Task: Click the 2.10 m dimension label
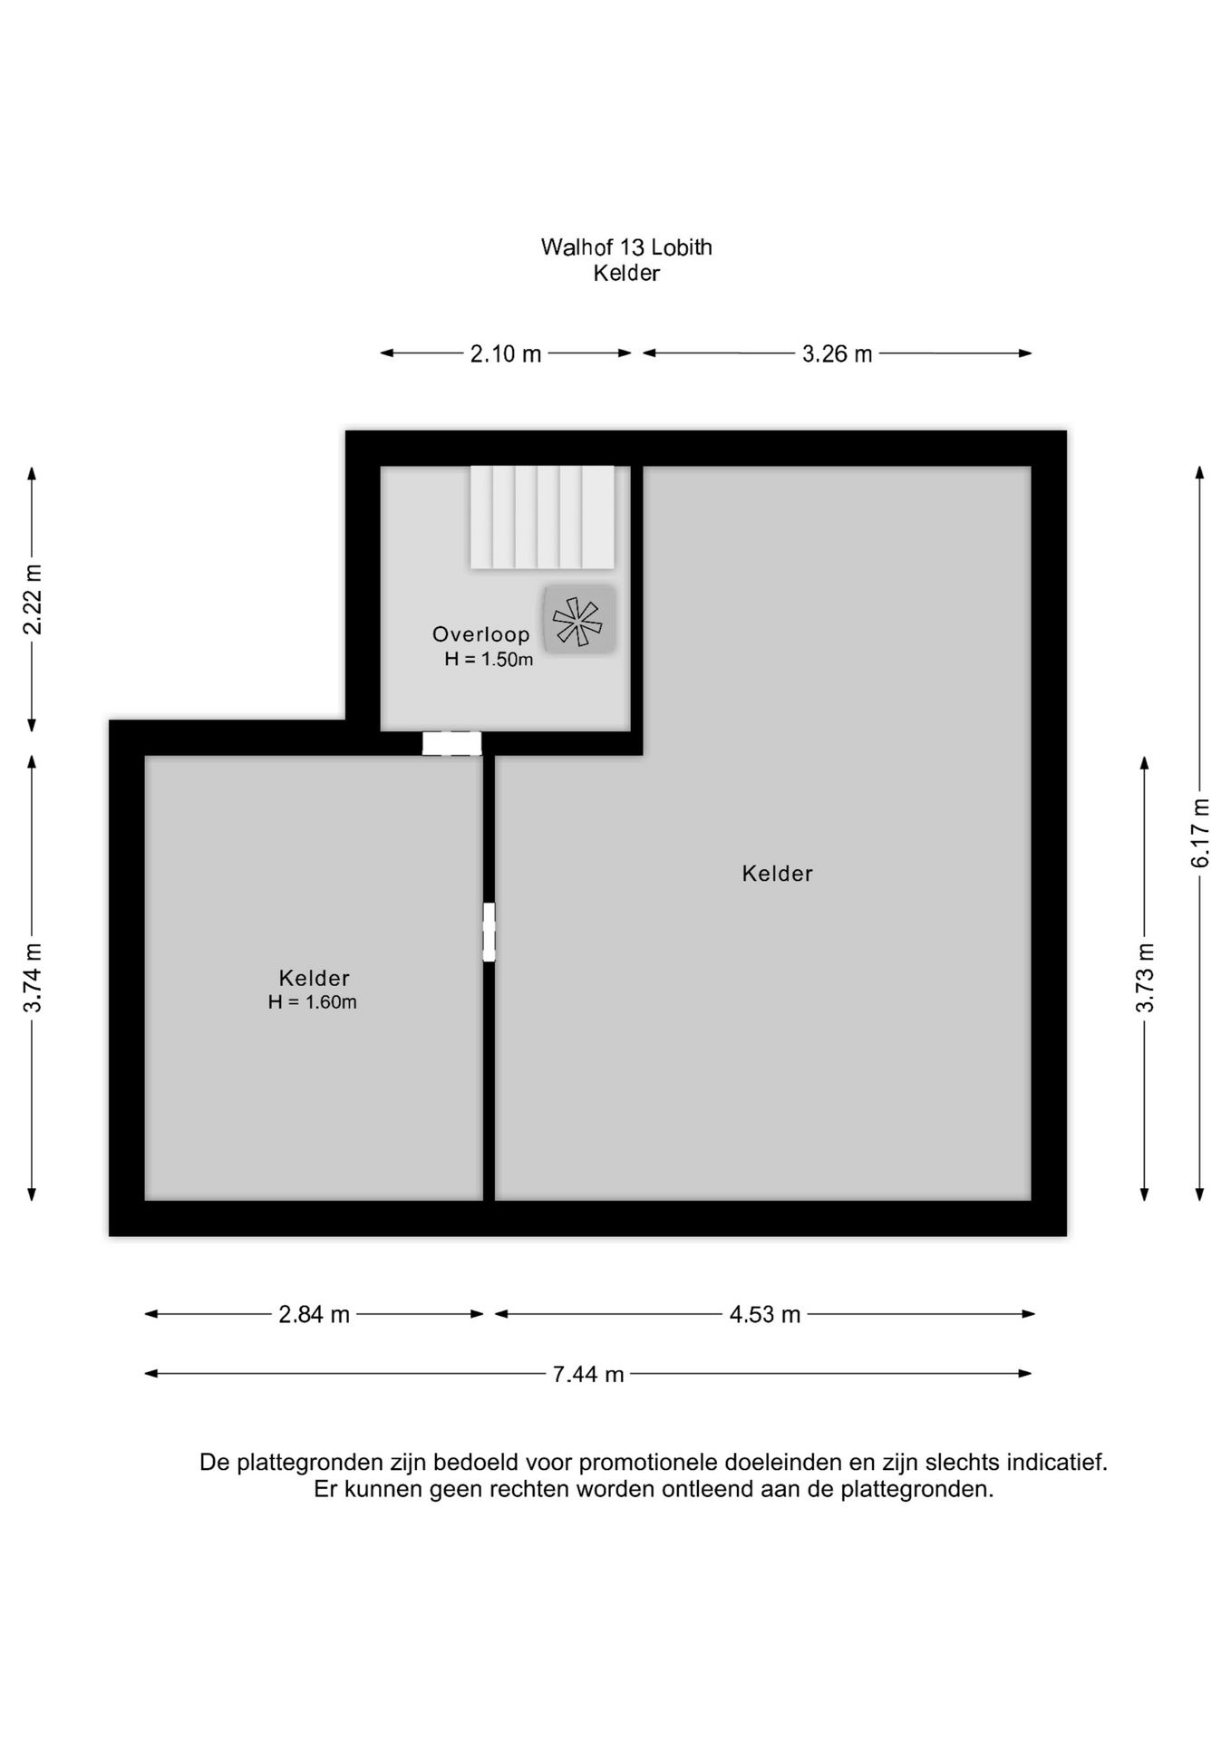pyautogui.click(x=505, y=353)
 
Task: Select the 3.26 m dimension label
pyautogui.click(x=837, y=353)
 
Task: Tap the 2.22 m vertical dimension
pyautogui.click(x=33, y=599)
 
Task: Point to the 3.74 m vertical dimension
pyautogui.click(x=33, y=978)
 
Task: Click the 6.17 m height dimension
pyautogui.click(x=1200, y=833)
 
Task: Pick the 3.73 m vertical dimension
pyautogui.click(x=1145, y=978)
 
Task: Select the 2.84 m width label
pyautogui.click(x=314, y=1314)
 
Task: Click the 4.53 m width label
pyautogui.click(x=765, y=1314)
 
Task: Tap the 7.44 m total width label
pyautogui.click(x=588, y=1374)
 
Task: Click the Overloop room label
pyautogui.click(x=480, y=634)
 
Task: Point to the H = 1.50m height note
pyautogui.click(x=489, y=660)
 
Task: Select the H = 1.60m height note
pyautogui.click(x=313, y=1002)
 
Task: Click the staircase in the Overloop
pyautogui.click(x=542, y=517)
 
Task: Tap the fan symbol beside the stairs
pyautogui.click(x=579, y=620)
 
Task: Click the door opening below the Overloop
pyautogui.click(x=451, y=743)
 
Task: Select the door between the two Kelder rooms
pyautogui.click(x=489, y=932)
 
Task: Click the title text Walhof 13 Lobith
pyautogui.click(x=626, y=247)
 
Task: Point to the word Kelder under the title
pyautogui.click(x=626, y=273)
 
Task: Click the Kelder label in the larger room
pyautogui.click(x=777, y=874)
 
